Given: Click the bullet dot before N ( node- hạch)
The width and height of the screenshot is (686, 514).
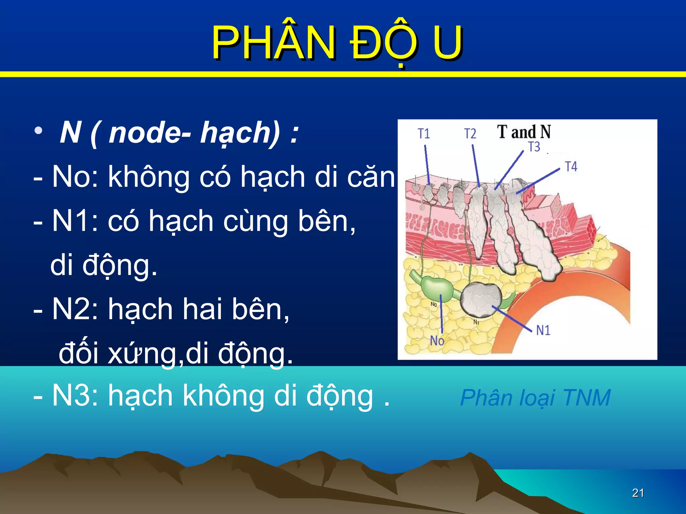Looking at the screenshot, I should click(39, 131).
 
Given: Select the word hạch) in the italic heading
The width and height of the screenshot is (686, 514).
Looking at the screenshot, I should click(240, 133).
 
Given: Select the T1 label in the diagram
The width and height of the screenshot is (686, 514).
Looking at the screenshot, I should click(424, 134).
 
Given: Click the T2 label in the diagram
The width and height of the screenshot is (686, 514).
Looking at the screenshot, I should click(470, 134).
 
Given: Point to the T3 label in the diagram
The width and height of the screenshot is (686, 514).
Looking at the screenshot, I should click(534, 147).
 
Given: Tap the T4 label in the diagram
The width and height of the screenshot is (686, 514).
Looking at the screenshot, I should click(571, 166).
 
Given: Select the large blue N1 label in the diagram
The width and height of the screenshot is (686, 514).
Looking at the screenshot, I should click(543, 330).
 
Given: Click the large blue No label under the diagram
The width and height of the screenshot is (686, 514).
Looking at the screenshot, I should click(437, 341).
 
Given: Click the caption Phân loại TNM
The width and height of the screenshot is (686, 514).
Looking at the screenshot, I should click(535, 398).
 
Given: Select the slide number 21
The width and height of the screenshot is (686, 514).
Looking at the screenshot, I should click(638, 493).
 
